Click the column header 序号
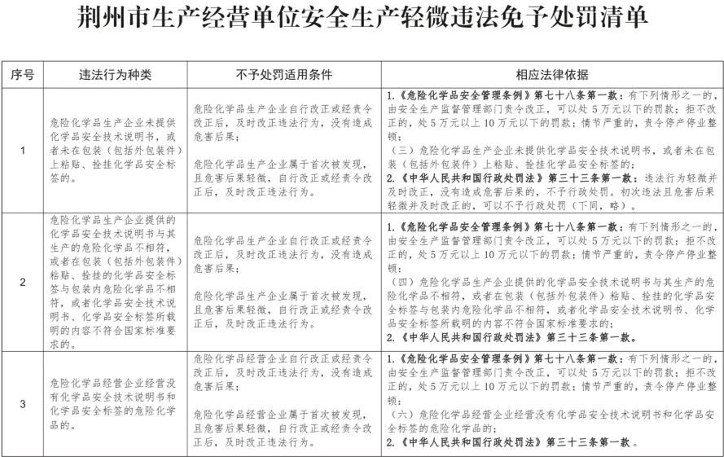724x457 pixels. click(22, 75)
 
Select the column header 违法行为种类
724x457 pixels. click(115, 75)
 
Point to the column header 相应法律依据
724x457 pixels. click(551, 75)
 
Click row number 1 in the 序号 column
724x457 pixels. click(22, 150)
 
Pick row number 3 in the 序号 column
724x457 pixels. click(22, 403)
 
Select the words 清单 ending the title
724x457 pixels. click(627, 20)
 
